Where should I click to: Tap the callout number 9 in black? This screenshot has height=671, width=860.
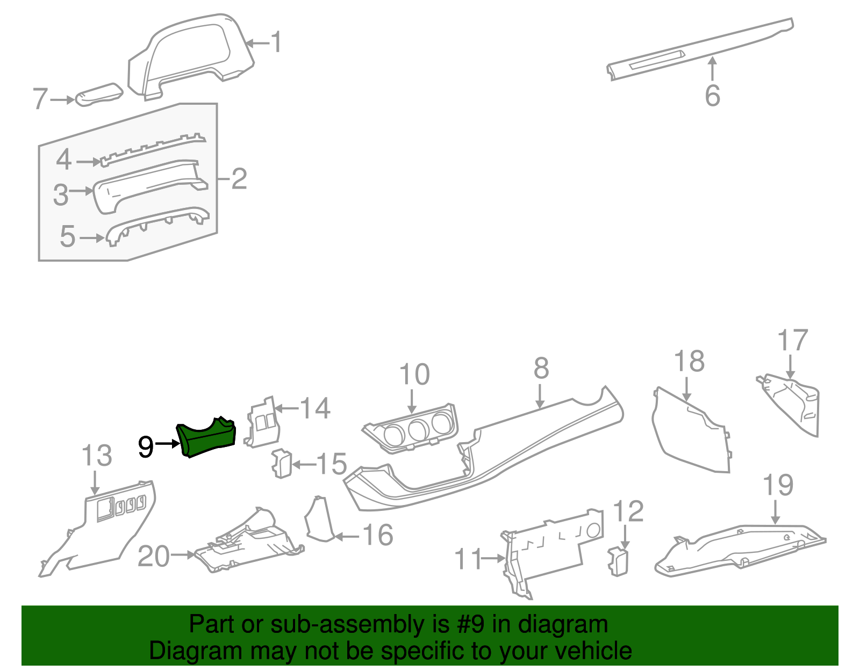pyautogui.click(x=146, y=446)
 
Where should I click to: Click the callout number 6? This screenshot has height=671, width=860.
pyautogui.click(x=712, y=96)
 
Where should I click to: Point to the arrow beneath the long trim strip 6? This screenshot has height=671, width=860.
pyautogui.click(x=712, y=69)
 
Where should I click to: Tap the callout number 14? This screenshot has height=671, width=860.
pyautogui.click(x=314, y=408)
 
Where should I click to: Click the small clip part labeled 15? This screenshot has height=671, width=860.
pyautogui.click(x=281, y=463)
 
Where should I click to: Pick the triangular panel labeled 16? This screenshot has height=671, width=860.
pyautogui.click(x=319, y=520)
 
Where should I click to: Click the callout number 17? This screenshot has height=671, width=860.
pyautogui.click(x=792, y=341)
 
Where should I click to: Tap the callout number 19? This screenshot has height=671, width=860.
pyautogui.click(x=778, y=485)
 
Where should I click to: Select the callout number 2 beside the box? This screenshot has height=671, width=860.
pyautogui.click(x=239, y=178)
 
